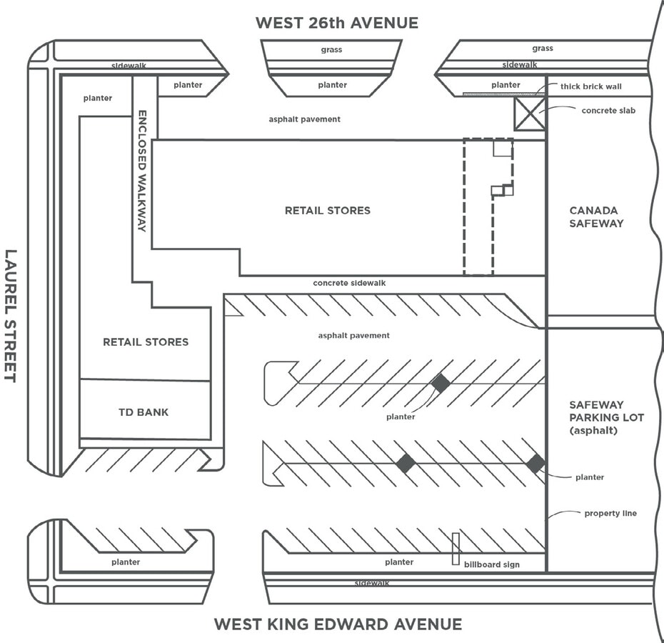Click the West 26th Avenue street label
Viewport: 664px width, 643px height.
[336, 23]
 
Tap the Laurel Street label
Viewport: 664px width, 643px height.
[11, 315]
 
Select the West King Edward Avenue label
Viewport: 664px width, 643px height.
[338, 624]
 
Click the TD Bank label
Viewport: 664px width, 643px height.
[144, 412]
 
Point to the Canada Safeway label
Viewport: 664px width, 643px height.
[597, 217]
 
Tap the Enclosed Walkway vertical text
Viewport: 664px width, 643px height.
[141, 171]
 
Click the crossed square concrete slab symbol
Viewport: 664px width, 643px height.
[530, 114]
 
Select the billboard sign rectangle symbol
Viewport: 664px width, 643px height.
[456, 549]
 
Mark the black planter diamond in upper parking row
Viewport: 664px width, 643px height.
[441, 383]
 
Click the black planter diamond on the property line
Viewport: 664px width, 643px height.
[535, 463]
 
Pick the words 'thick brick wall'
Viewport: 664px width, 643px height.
[590, 87]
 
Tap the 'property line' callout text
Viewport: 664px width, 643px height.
[610, 513]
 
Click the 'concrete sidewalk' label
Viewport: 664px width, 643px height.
[349, 283]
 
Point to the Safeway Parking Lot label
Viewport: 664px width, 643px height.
[597, 417]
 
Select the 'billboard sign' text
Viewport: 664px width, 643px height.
[492, 564]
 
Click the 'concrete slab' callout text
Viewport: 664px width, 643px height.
[608, 111]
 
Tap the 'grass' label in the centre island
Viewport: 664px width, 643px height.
[331, 50]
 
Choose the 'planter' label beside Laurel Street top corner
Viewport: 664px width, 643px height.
[97, 98]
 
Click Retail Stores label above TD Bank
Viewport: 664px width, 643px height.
[146, 342]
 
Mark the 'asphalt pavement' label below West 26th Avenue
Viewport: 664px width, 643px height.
[305, 119]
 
